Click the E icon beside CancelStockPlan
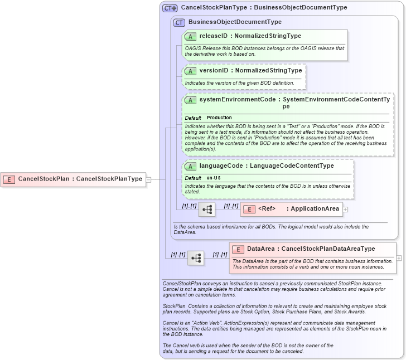(9, 179)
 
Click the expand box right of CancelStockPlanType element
(148, 179)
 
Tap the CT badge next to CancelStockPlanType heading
(170, 8)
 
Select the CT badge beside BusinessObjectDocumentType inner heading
(179, 22)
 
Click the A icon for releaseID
(190, 36)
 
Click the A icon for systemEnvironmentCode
(190, 100)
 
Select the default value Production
(219, 118)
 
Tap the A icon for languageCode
(190, 166)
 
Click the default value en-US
(214, 178)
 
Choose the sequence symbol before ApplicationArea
(206, 210)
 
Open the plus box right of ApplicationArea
(346, 210)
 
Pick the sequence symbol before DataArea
(195, 258)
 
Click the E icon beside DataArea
(238, 249)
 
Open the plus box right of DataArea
(399, 258)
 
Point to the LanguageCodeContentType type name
(292, 166)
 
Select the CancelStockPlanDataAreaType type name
(328, 249)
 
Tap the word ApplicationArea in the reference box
(315, 209)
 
